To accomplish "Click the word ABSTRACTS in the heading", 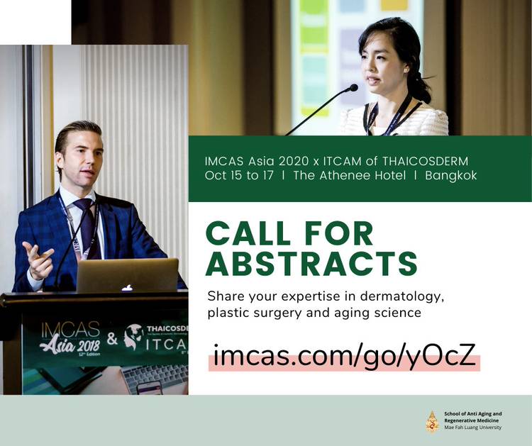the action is [x=311, y=264].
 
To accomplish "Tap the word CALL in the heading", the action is [x=248, y=233].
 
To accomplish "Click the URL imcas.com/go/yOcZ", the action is [x=344, y=356].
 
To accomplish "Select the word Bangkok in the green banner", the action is [x=451, y=175].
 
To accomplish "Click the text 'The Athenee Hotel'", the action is [x=350, y=175].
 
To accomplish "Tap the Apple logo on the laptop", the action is [x=127, y=288].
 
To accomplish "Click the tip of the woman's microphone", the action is [x=353, y=88].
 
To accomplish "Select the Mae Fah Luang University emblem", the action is [x=432, y=421].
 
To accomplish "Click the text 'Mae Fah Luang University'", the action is [x=472, y=428].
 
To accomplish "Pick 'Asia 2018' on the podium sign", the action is [x=70, y=345].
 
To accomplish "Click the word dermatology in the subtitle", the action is [x=402, y=297].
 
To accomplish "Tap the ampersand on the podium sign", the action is [x=112, y=338].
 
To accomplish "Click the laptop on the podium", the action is [x=127, y=275].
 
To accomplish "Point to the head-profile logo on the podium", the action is [x=133, y=337].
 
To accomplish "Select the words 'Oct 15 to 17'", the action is [x=239, y=175].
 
